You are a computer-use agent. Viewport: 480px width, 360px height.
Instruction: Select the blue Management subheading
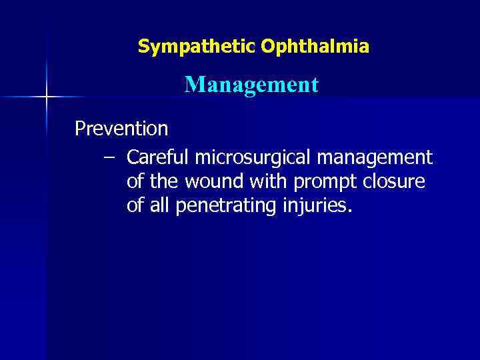point(251,85)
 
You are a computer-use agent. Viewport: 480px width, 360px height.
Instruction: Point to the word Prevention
point(121,127)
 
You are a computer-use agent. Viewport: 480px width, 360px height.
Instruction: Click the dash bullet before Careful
point(109,158)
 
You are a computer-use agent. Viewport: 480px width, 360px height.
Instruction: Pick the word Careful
point(158,158)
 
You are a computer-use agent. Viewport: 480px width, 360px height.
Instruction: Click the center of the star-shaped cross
point(46,98)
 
